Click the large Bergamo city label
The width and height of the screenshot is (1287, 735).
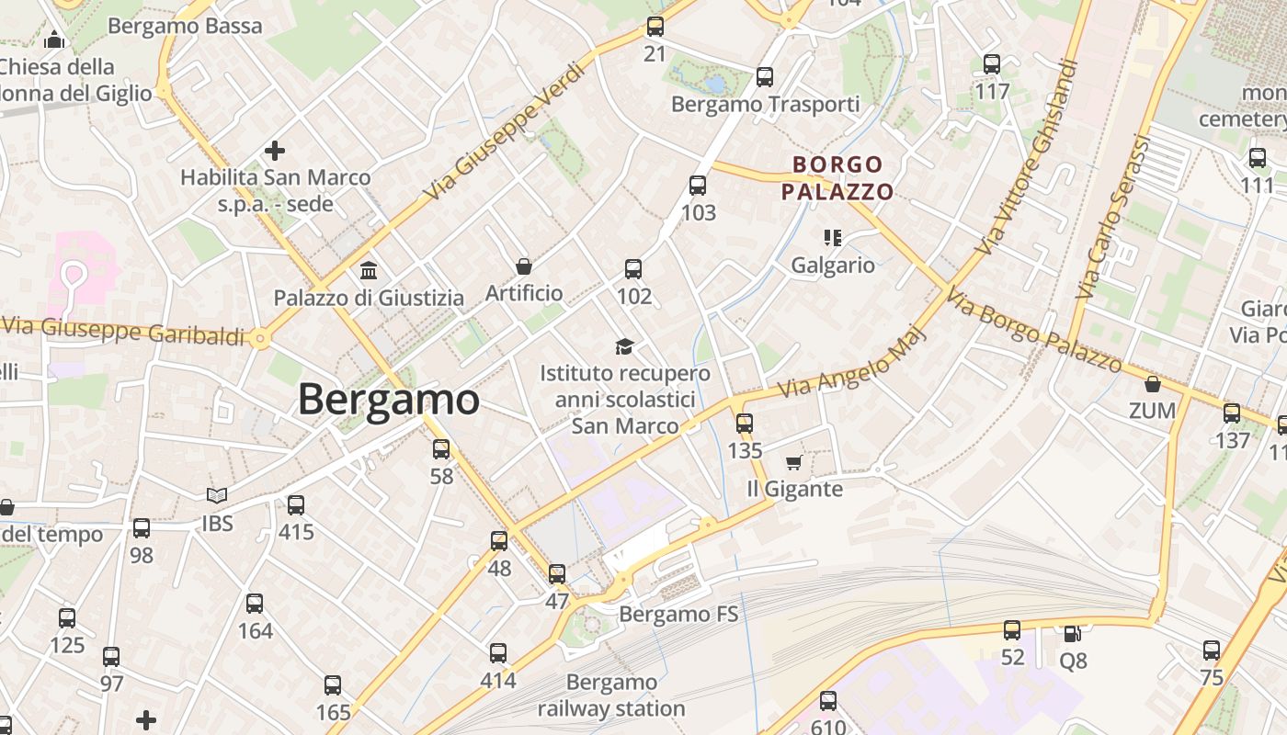click(x=388, y=400)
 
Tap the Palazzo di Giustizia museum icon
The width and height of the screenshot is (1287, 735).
click(x=369, y=270)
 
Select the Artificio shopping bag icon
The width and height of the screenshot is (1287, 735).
click(x=523, y=266)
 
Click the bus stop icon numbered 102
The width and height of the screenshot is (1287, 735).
click(x=633, y=269)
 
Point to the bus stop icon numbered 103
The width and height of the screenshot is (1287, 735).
click(x=698, y=186)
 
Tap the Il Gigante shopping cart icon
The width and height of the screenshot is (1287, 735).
click(x=794, y=462)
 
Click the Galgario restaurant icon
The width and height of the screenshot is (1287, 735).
click(x=833, y=239)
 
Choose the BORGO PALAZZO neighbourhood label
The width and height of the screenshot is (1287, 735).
click(x=837, y=178)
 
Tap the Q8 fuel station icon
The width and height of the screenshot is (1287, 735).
click(x=1072, y=634)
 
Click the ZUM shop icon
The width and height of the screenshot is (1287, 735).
click(x=1153, y=384)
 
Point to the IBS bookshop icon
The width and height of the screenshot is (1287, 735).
click(x=217, y=496)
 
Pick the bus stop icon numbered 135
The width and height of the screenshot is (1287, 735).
click(x=745, y=424)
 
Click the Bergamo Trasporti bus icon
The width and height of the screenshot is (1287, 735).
click(x=764, y=77)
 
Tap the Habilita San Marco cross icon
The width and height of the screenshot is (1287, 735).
click(x=274, y=151)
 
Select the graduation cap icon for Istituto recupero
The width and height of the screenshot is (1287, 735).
click(x=625, y=346)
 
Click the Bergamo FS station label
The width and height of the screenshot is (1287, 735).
click(x=678, y=614)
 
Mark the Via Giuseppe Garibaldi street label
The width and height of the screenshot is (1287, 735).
click(x=124, y=331)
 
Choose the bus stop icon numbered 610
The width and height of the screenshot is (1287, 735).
click(x=827, y=701)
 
